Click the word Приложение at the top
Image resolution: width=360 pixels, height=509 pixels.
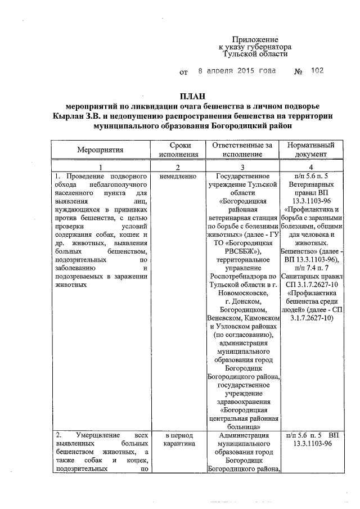tap(255, 39)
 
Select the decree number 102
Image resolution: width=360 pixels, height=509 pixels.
tap(317, 71)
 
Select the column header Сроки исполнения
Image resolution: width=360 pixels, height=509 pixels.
tap(178, 150)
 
